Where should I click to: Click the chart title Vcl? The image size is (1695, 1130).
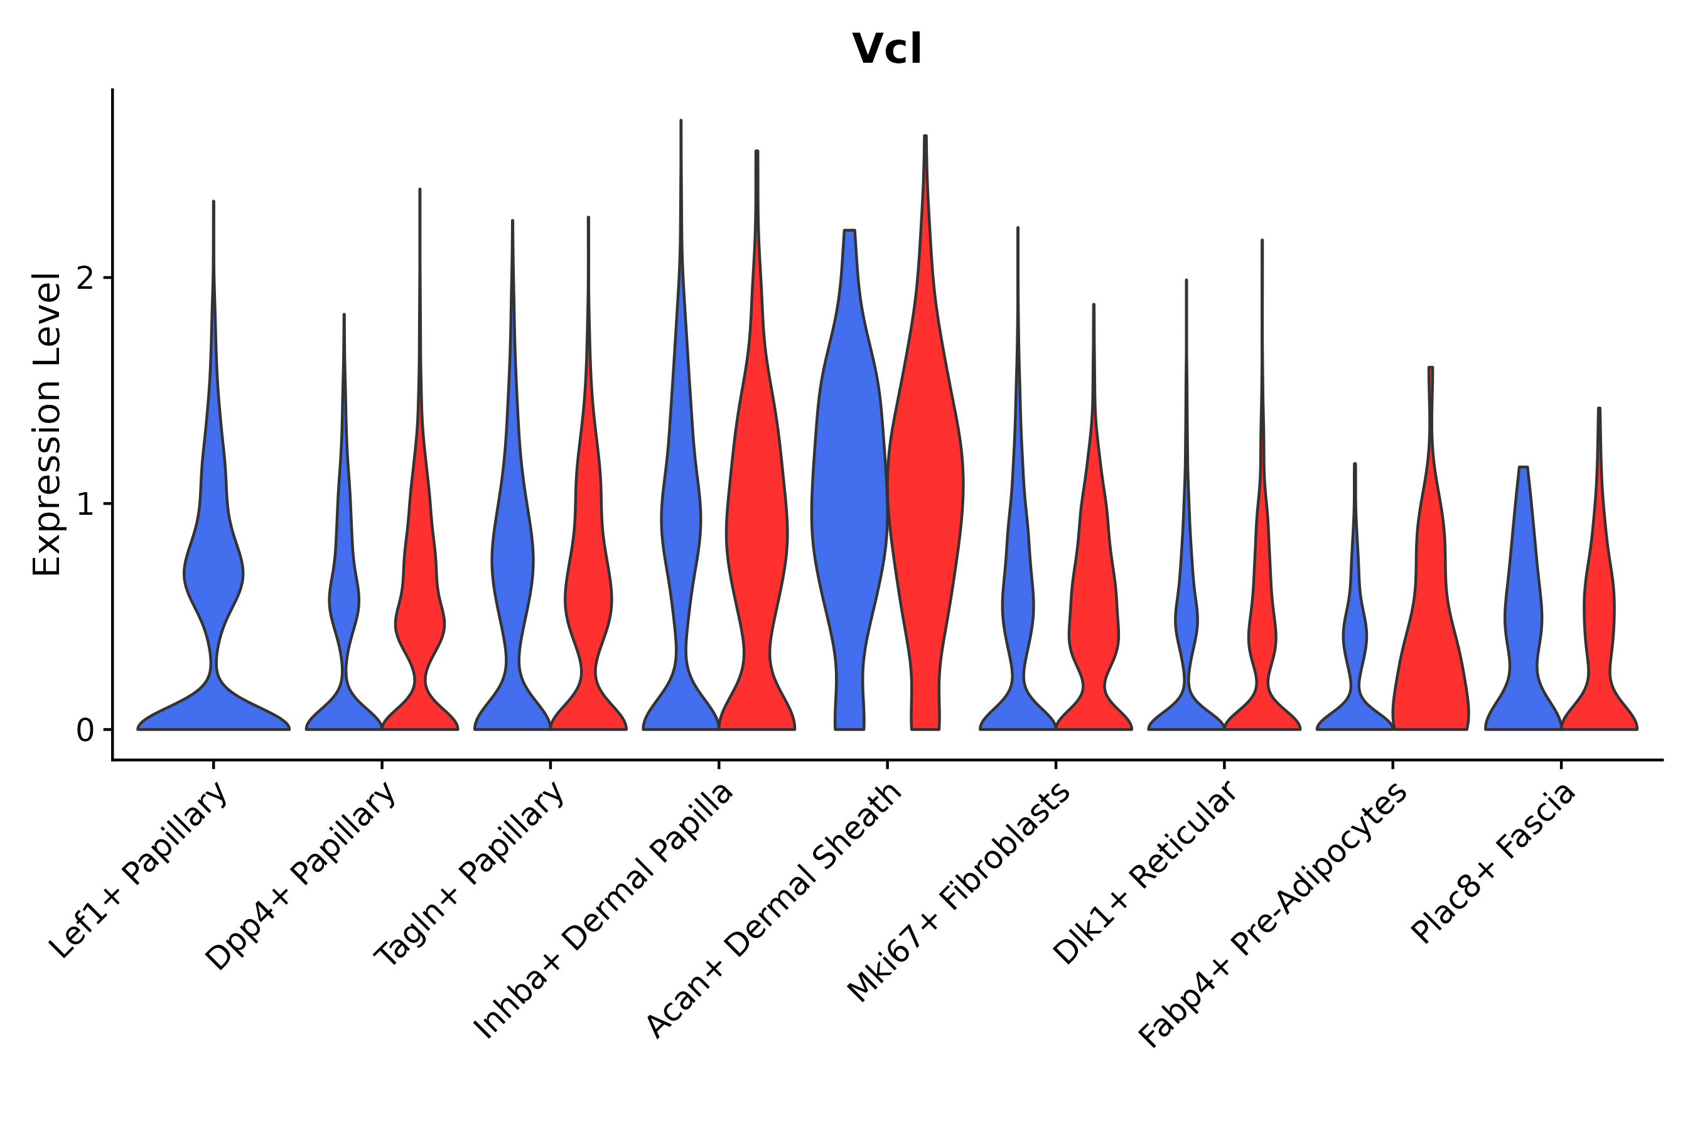click(886, 50)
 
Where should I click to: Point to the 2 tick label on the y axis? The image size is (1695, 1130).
click(84, 278)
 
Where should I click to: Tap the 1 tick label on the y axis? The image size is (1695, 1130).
click(84, 505)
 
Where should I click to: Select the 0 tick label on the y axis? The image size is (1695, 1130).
click(84, 731)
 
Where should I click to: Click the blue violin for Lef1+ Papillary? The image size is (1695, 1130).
click(213, 576)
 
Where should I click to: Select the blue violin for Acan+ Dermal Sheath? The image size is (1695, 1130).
click(849, 505)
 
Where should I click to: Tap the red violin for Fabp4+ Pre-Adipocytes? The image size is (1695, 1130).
click(1431, 648)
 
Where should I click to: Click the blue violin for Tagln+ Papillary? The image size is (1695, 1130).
click(512, 562)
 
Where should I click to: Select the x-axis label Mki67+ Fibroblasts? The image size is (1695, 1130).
click(959, 893)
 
